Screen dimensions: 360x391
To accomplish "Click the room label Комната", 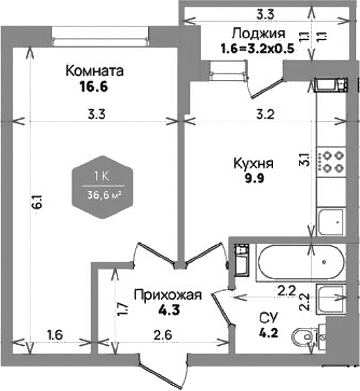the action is tap(95, 71).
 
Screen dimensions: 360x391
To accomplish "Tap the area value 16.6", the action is tap(94, 87).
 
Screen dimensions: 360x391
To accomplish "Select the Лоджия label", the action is tap(259, 33).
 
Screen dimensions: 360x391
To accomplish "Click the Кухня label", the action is tap(254, 164).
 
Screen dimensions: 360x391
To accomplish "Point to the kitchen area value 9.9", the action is tap(254, 178).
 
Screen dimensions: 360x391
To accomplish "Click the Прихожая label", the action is tap(167, 295).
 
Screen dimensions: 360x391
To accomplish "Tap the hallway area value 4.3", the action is tap(169, 310).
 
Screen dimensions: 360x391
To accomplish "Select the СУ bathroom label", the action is tap(268, 317).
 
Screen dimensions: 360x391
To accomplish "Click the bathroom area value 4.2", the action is tap(268, 333).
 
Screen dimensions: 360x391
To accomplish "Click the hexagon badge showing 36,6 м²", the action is tap(102, 187).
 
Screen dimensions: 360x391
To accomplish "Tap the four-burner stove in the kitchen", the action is tap(332, 162).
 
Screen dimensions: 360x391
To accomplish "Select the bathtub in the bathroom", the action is tap(301, 263).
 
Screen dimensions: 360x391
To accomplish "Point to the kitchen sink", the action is tap(332, 222).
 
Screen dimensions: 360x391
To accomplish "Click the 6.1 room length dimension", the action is tap(38, 202).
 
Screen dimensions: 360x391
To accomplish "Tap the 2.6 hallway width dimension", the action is tap(163, 335).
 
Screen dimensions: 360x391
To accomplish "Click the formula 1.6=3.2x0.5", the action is tap(258, 49).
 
